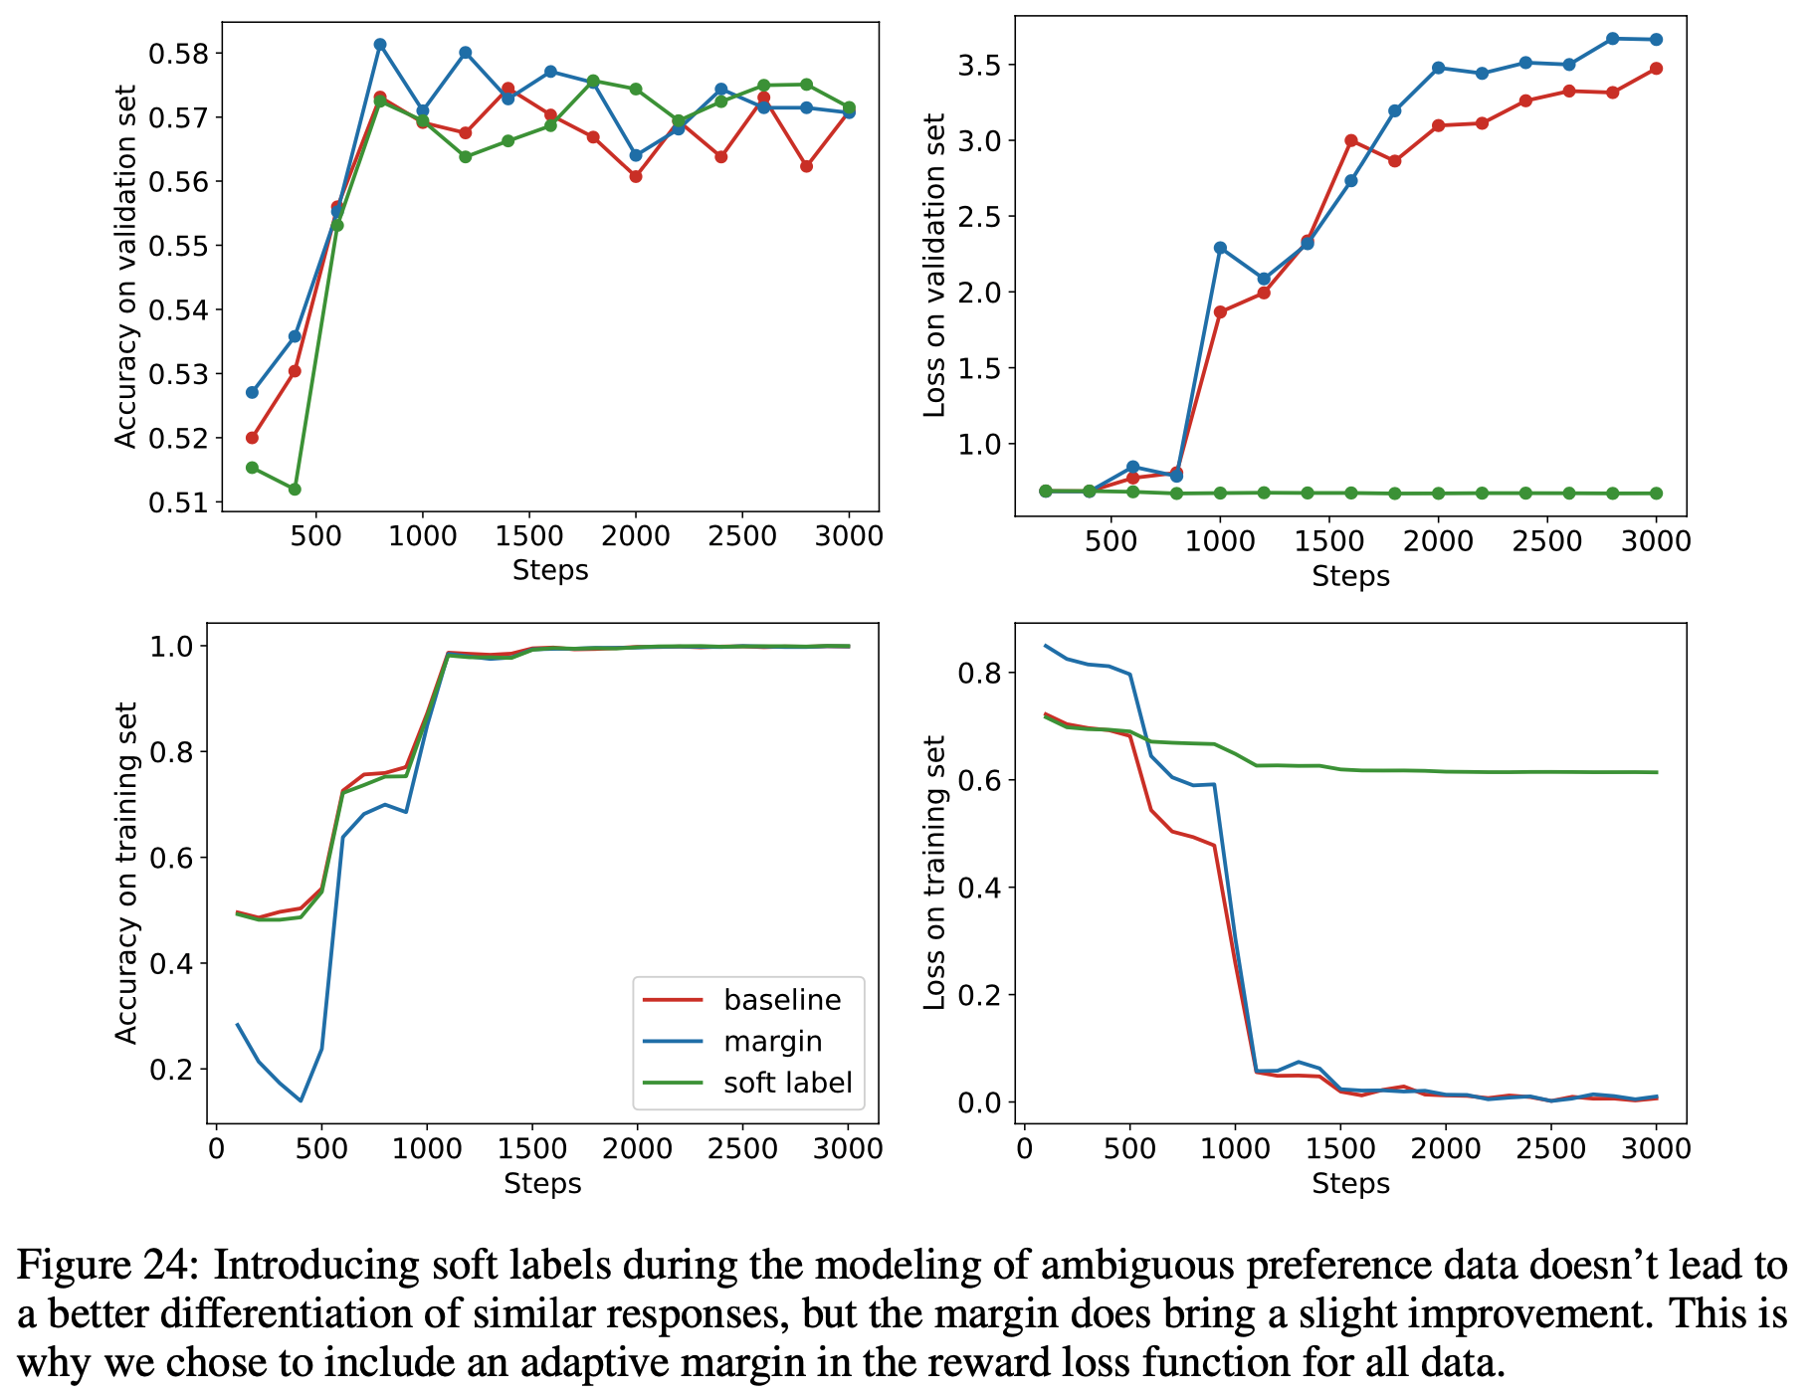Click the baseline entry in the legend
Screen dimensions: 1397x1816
[x=782, y=1000]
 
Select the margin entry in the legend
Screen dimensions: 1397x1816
[x=772, y=1042]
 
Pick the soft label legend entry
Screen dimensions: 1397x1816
[x=787, y=1083]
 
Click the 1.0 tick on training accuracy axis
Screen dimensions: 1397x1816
[x=174, y=647]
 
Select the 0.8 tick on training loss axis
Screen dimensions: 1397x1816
[x=979, y=674]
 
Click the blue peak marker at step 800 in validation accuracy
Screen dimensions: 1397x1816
[x=380, y=45]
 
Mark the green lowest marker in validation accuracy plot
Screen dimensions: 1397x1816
[x=295, y=490]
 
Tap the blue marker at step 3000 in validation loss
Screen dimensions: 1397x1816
[x=1656, y=40]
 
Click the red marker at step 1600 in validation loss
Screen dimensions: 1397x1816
[x=1350, y=140]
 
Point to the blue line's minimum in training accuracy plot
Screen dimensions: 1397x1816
[x=301, y=1100]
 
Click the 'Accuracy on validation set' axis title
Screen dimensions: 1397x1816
[x=125, y=267]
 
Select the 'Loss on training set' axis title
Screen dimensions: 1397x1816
[x=934, y=873]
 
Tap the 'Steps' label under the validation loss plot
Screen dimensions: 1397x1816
[x=1350, y=576]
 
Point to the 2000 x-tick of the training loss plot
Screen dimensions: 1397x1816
[x=1445, y=1149]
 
